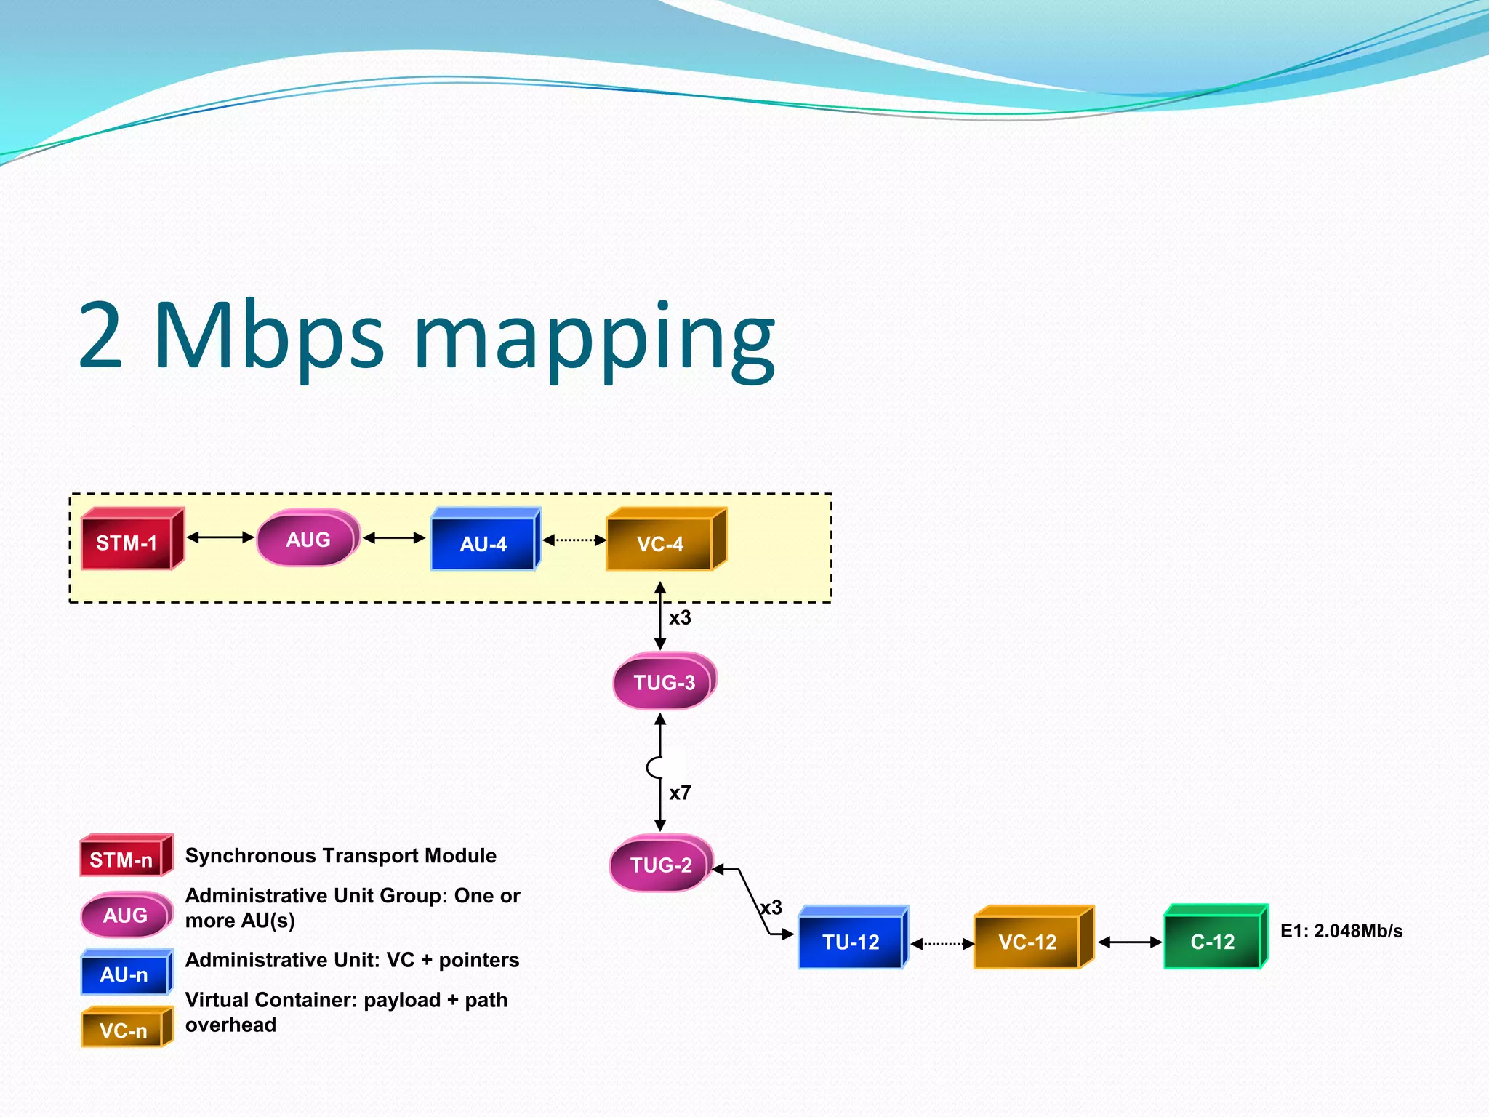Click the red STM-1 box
[127, 543]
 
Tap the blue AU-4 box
[483, 543]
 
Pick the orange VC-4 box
[660, 543]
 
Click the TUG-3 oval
[664, 682]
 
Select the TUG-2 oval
[661, 865]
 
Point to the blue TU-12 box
[851, 942]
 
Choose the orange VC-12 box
[1027, 942]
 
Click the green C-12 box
[1212, 942]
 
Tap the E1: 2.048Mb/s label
[1341, 931]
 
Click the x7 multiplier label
[680, 793]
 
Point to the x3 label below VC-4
[680, 618]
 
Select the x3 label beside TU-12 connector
[771, 908]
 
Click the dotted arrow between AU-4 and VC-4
[574, 540]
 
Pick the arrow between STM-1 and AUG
[220, 537]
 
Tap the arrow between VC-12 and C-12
[1129, 942]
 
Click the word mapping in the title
[594, 338]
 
